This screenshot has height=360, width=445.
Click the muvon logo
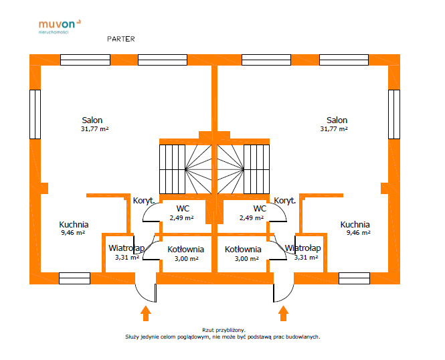click(60, 25)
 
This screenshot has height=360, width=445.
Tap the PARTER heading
click(120, 39)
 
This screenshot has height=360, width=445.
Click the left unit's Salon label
click(93, 120)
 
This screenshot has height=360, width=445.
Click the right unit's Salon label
click(334, 120)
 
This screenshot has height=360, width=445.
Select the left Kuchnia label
click(74, 225)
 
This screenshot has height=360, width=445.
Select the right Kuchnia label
click(355, 225)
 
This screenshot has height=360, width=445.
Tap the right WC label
click(260, 208)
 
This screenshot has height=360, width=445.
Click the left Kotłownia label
click(185, 249)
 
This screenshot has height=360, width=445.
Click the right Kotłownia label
click(243, 249)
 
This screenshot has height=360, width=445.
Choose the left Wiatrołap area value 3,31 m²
click(126, 257)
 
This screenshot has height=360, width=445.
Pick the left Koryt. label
click(144, 200)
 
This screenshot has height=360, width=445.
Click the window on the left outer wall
click(35, 114)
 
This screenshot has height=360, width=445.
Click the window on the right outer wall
click(393, 114)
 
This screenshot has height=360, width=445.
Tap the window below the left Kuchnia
click(74, 278)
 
